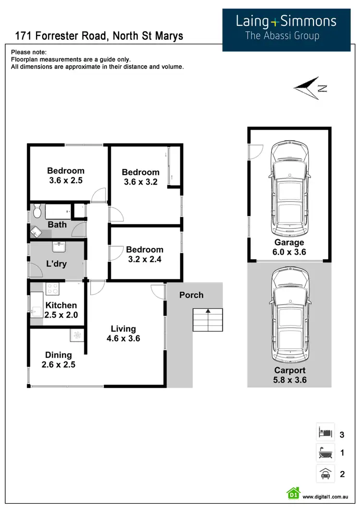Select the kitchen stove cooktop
coord(51,289)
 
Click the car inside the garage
coord(289,185)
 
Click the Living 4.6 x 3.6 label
coord(123,333)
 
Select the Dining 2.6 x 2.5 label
coord(59,360)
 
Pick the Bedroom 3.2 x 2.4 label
coord(144,254)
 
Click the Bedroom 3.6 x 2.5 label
coord(66,176)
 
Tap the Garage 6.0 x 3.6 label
coord(289,247)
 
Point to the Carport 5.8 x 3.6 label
coord(289,375)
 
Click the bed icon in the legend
coord(325,433)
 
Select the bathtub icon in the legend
coord(325,453)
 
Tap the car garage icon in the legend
coord(325,473)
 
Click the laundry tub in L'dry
coord(59,248)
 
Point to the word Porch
coord(192,295)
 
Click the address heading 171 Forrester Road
coord(99,36)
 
